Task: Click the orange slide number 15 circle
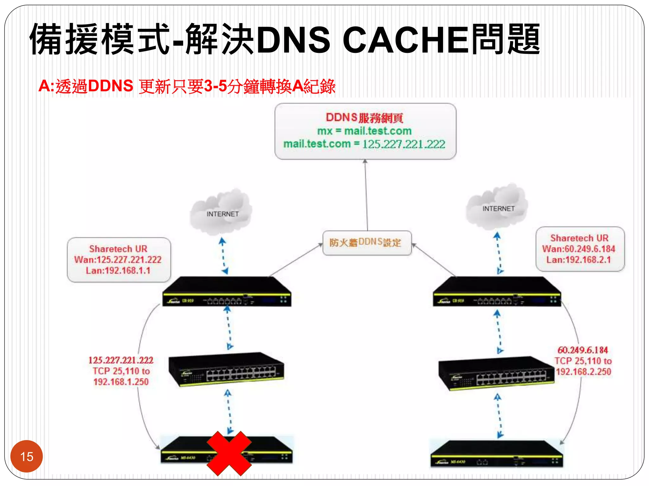coord(27,456)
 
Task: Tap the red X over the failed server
coord(229,453)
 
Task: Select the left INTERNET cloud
coord(222,212)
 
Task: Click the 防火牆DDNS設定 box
coord(367,243)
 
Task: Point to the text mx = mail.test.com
coord(364,131)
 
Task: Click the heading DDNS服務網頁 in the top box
coord(364,118)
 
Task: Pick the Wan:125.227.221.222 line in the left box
coord(118,260)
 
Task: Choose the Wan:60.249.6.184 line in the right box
coord(579,249)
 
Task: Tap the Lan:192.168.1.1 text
coord(118,271)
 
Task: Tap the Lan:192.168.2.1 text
coord(579,260)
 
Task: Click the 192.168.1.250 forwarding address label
coord(121,382)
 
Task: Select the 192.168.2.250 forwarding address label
coord(583,372)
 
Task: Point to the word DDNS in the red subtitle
coord(111,86)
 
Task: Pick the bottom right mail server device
coord(496,454)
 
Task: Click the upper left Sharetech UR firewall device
coord(227,292)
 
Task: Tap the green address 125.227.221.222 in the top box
coord(404,144)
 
